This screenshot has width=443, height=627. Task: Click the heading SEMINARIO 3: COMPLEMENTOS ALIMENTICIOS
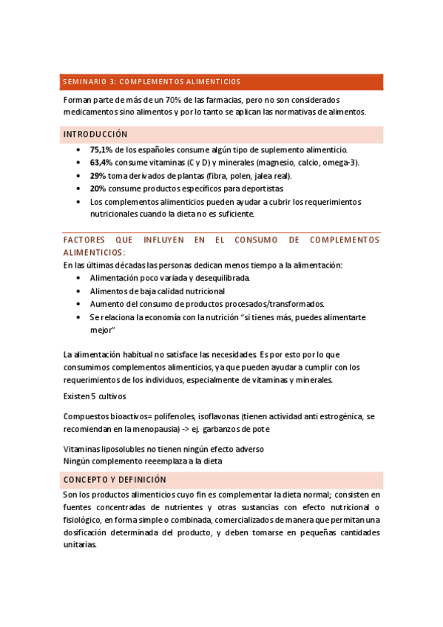pyautogui.click(x=152, y=81)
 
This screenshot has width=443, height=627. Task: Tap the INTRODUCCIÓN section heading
pyautogui.click(x=95, y=135)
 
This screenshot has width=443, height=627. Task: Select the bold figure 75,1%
pyautogui.click(x=101, y=149)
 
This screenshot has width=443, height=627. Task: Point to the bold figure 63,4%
pyautogui.click(x=101, y=163)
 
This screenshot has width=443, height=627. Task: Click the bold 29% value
pyautogui.click(x=98, y=176)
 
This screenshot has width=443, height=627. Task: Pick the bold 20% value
pyautogui.click(x=98, y=189)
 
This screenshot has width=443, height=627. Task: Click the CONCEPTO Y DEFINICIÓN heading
pyautogui.click(x=115, y=480)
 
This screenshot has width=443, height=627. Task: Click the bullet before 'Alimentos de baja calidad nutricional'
pyautogui.click(x=79, y=291)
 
